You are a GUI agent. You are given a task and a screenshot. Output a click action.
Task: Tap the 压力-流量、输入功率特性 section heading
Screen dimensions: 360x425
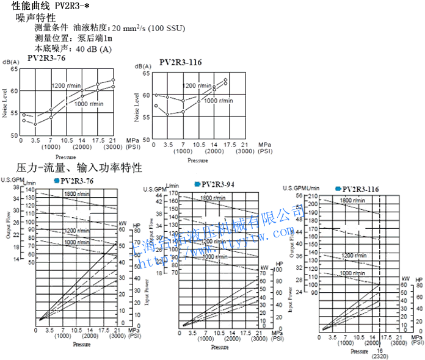click(79, 167)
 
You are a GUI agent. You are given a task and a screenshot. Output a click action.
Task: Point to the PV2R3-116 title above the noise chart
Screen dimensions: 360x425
click(180, 62)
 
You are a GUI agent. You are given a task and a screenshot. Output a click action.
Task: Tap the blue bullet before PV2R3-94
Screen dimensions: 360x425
click(197, 184)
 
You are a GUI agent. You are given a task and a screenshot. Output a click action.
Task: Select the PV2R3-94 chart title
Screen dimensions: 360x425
click(218, 184)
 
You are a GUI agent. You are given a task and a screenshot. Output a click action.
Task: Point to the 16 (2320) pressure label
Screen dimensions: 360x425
click(379, 356)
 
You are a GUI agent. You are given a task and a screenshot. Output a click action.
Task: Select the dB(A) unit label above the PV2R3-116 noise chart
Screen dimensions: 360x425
click(144, 66)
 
